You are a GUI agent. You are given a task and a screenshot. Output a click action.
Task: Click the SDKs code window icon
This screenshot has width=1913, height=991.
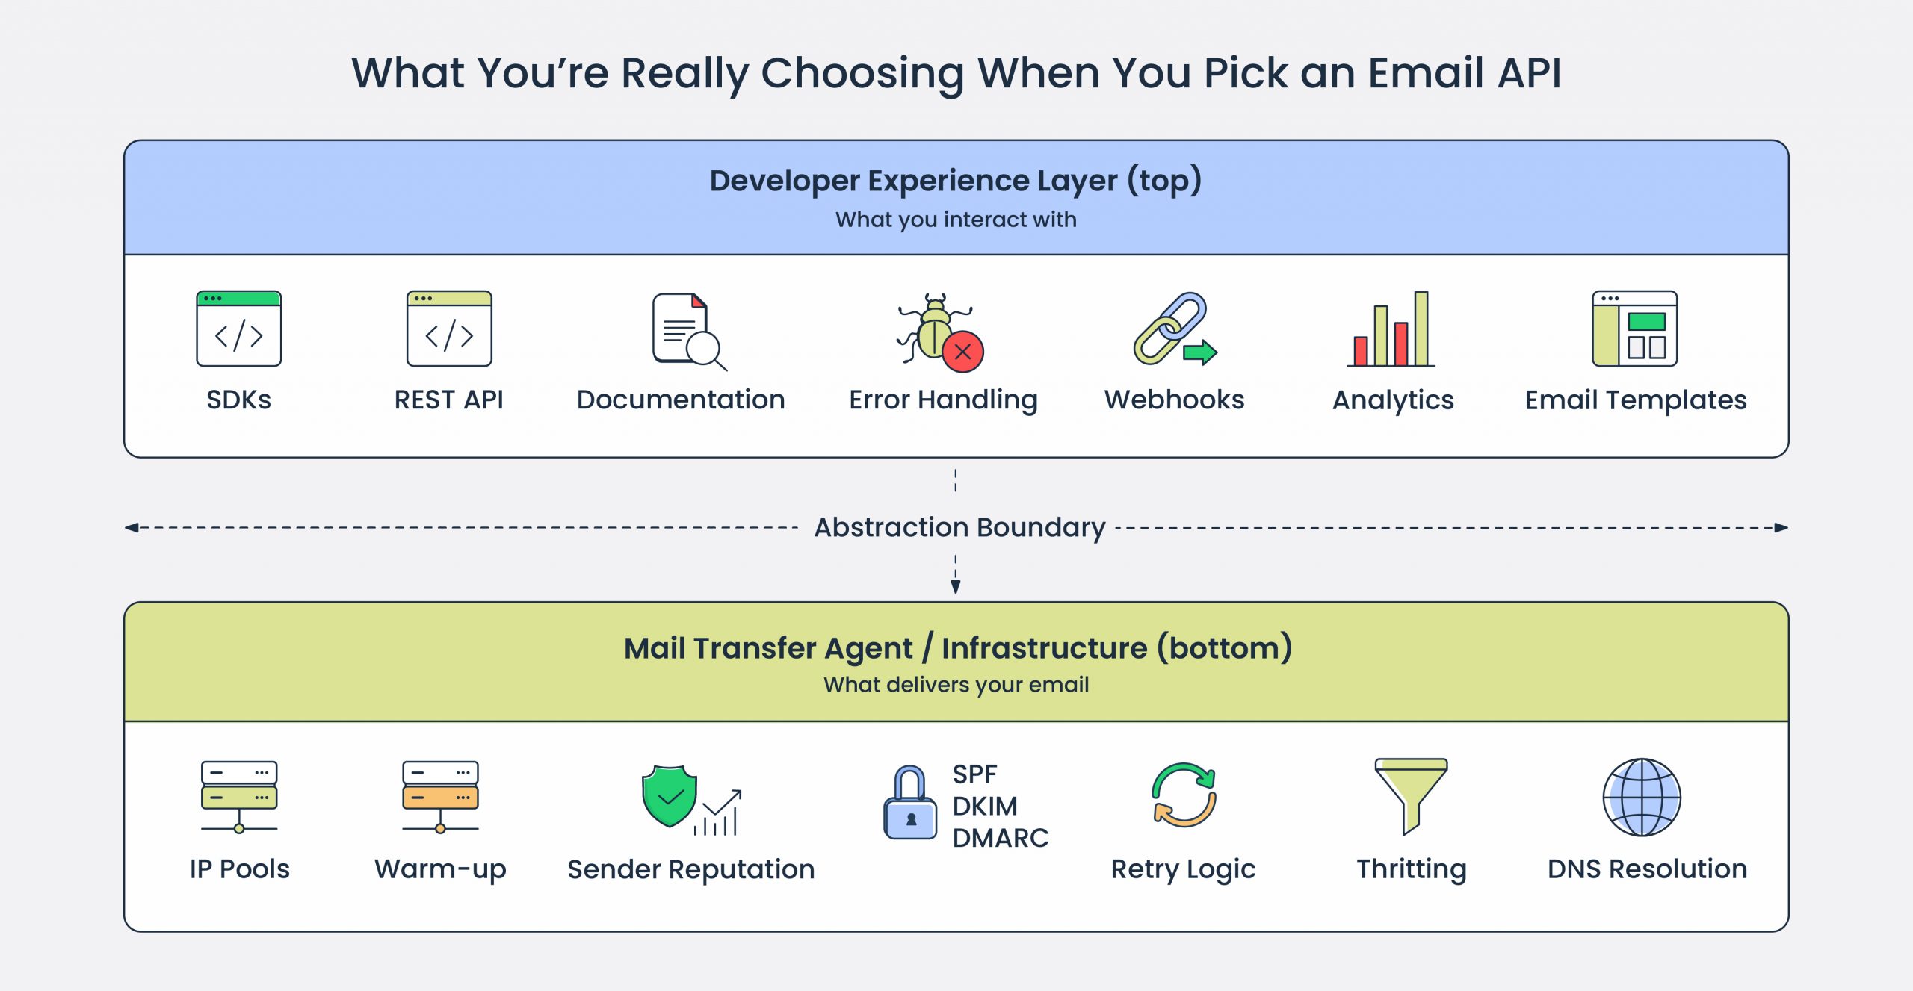pyautogui.click(x=238, y=329)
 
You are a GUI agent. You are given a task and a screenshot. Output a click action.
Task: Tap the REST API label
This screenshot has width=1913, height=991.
pyautogui.click(x=448, y=400)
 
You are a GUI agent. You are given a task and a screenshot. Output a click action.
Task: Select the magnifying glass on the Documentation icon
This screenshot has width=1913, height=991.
pyautogui.click(x=704, y=348)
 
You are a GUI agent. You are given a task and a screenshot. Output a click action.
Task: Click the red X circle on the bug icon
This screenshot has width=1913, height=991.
pyautogui.click(x=962, y=352)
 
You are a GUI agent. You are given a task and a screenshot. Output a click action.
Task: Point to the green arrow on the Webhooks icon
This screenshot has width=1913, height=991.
pyautogui.click(x=1200, y=352)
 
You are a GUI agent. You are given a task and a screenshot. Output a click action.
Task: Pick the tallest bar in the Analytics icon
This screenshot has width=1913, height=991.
pyautogui.click(x=1421, y=329)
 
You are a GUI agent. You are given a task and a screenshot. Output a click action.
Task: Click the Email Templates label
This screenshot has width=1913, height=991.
pyautogui.click(x=1635, y=400)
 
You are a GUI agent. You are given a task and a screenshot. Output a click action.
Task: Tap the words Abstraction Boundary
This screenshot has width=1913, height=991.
pyautogui.click(x=959, y=527)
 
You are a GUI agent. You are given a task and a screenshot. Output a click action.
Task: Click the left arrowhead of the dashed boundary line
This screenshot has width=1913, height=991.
pyautogui.click(x=132, y=528)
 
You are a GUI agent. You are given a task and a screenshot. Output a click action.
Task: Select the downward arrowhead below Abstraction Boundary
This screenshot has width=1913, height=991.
pyautogui.click(x=955, y=587)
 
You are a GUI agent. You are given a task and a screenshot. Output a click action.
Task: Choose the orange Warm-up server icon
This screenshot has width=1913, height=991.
pyautogui.click(x=440, y=796)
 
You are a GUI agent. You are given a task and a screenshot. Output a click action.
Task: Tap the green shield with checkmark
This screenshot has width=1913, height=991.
pyautogui.click(x=670, y=796)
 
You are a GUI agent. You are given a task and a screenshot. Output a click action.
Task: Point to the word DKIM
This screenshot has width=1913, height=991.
pyautogui.click(x=984, y=807)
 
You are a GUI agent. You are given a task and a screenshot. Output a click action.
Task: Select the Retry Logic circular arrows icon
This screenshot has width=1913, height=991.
pyautogui.click(x=1184, y=795)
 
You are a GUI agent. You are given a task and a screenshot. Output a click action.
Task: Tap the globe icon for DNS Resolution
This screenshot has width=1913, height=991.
pyautogui.click(x=1642, y=797)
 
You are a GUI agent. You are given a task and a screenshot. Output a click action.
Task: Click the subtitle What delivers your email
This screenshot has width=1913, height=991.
pyautogui.click(x=956, y=685)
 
